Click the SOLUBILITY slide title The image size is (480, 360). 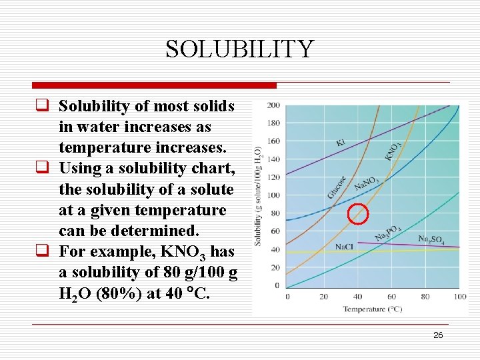[239, 49]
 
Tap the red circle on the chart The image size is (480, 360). [359, 213]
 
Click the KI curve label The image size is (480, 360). [341, 142]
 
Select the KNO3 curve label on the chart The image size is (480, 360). [393, 152]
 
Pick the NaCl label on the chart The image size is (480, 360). [344, 247]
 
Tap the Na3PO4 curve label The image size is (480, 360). [387, 233]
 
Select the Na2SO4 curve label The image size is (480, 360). [432, 239]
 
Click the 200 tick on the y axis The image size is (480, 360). [274, 105]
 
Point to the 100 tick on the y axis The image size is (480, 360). [274, 195]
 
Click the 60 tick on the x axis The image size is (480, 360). [391, 296]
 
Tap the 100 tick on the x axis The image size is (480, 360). [459, 296]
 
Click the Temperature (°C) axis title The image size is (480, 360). [373, 309]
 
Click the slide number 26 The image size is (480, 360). [438, 335]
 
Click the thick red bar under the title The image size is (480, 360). [154, 85]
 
